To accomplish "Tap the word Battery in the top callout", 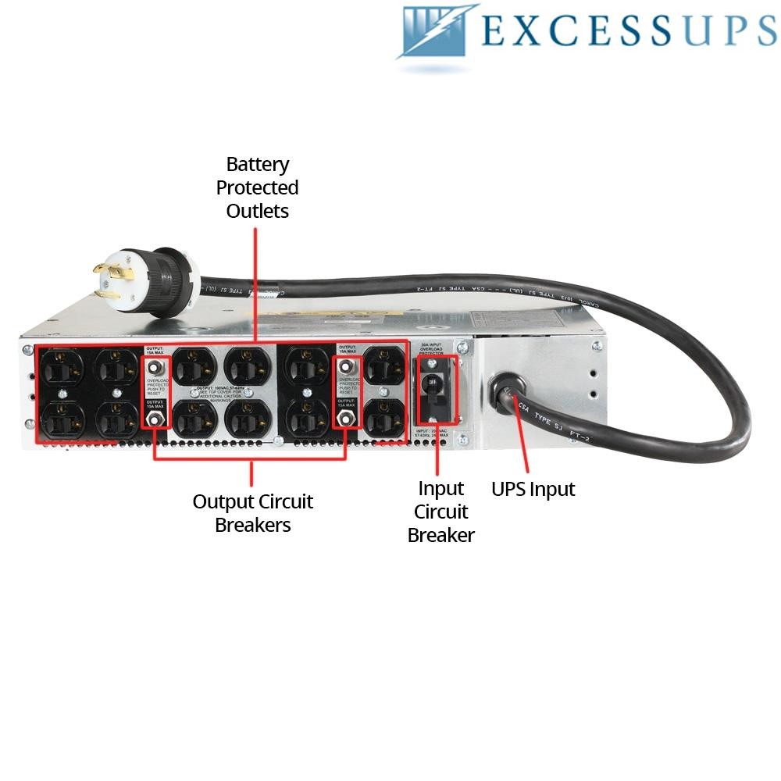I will (x=258, y=165).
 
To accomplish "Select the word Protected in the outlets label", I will (x=258, y=188).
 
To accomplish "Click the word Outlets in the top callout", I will (x=258, y=212).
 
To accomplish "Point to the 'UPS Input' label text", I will (x=533, y=490).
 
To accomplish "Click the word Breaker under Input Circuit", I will (x=441, y=536).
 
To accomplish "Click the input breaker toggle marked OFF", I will (x=431, y=383).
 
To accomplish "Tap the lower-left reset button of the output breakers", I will (x=155, y=419).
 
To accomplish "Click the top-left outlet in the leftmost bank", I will (x=62, y=366).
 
